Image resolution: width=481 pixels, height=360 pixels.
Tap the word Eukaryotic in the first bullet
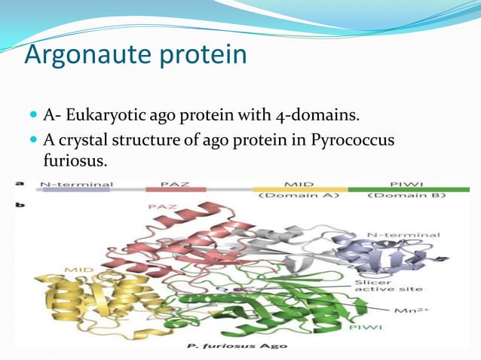(x=111, y=115)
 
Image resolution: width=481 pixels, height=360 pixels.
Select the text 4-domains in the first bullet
(x=326, y=115)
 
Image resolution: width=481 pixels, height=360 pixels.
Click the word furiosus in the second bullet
(x=73, y=161)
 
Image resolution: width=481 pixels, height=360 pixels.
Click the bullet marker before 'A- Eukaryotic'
(x=32, y=116)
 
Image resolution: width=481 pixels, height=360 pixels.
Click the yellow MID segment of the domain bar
(x=299, y=189)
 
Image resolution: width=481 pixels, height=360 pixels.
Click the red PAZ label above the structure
(x=162, y=206)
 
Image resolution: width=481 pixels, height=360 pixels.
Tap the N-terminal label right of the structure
(x=404, y=235)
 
